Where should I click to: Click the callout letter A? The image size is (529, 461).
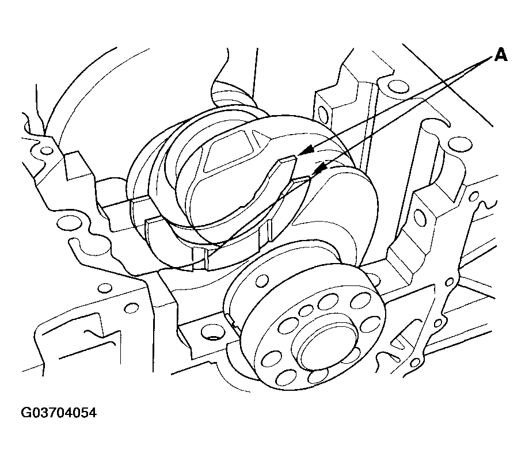501,55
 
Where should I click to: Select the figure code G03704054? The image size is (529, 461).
59,413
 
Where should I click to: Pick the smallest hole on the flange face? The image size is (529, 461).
306,311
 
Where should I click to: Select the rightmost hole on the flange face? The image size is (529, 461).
371,325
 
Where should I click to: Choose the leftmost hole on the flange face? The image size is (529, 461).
271,360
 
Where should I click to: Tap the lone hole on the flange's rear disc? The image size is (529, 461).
262,280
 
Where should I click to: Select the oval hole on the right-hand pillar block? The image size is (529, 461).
420,217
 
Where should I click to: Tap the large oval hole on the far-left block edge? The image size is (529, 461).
70,223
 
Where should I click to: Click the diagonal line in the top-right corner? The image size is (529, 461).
448,85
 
